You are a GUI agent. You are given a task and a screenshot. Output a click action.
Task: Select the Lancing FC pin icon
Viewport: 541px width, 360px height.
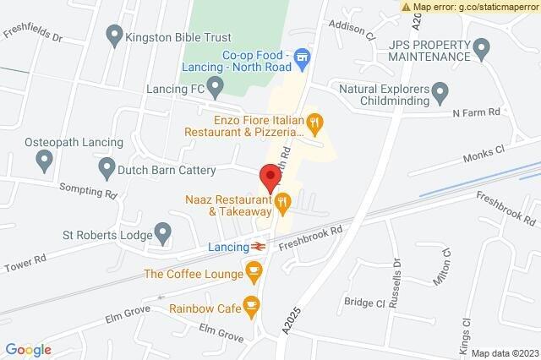point(216,85)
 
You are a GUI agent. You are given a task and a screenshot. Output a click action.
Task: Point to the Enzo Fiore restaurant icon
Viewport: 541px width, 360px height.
point(315,125)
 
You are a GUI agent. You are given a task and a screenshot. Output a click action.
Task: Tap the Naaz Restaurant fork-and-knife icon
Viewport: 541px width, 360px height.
point(281,202)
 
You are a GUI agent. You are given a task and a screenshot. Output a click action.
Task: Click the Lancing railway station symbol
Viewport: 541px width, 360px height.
point(259,246)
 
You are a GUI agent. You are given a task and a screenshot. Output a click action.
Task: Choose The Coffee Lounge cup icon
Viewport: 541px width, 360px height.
point(253,272)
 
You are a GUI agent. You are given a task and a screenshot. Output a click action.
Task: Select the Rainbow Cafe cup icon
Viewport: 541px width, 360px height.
point(250,306)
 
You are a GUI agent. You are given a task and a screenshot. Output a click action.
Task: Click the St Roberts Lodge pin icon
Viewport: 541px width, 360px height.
point(163,232)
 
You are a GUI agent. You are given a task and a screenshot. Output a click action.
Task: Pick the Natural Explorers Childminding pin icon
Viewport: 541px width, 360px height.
point(440,90)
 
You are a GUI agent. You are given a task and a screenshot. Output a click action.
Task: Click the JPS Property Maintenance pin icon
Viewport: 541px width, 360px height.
point(481,46)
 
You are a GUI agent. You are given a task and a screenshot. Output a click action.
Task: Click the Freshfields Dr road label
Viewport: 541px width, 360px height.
point(32,37)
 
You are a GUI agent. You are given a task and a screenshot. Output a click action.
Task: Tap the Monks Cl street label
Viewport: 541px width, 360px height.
point(483,155)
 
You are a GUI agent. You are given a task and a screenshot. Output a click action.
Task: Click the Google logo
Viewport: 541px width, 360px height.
point(29,348)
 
